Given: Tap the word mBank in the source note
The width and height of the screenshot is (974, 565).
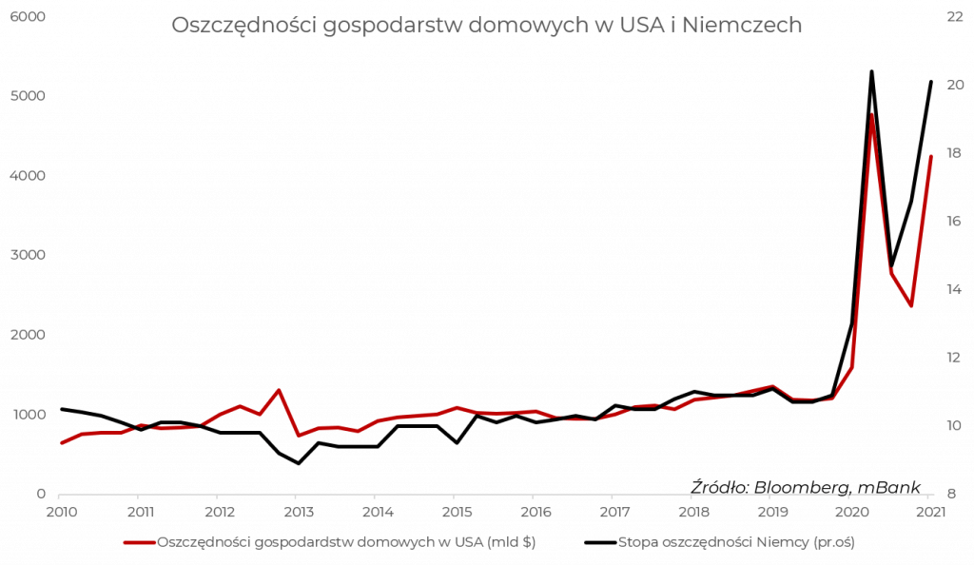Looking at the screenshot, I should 889,487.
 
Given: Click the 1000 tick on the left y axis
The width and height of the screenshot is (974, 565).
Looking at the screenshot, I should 29,416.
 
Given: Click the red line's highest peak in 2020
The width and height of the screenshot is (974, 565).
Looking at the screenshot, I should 871,112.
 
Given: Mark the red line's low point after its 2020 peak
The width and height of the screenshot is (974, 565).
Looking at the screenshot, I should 911,305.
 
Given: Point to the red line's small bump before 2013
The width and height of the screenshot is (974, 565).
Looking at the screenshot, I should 279,390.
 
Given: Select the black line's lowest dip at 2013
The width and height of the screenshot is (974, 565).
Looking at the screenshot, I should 298,463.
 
